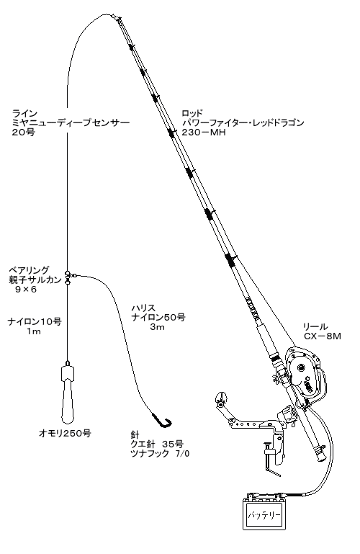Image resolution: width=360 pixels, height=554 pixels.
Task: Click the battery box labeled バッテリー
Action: (x=264, y=514)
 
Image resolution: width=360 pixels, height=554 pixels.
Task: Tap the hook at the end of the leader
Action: (x=163, y=421)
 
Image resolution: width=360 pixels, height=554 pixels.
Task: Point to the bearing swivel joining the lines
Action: (x=68, y=277)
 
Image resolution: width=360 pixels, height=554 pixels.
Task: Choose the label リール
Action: (x=315, y=327)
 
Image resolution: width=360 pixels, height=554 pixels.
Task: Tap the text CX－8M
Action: (x=323, y=336)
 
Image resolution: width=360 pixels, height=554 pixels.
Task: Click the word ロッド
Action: (x=192, y=113)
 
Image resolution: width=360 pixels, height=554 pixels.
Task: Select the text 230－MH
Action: (x=204, y=132)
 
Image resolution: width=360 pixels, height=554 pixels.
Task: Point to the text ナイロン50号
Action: (x=158, y=317)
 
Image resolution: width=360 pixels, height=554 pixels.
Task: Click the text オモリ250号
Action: (x=65, y=433)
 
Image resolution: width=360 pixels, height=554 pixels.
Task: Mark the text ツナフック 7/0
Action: (x=160, y=453)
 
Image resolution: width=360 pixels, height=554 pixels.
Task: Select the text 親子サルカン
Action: (x=35, y=280)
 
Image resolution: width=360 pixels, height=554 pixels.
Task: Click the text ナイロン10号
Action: (x=35, y=321)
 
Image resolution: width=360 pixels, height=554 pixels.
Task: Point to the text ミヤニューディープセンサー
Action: (x=71, y=122)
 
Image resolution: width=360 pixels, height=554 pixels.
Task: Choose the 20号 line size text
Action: (x=23, y=132)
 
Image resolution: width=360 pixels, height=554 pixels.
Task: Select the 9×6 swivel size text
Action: (x=26, y=290)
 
